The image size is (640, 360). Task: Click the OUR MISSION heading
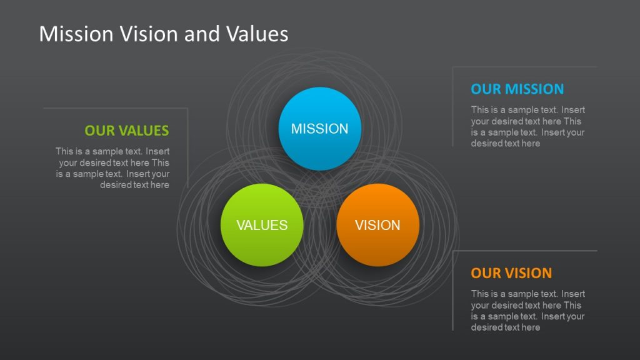tap(517, 89)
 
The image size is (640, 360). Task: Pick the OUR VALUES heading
tap(127, 131)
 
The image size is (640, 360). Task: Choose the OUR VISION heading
tap(511, 273)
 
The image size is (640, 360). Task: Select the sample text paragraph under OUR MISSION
tap(528, 127)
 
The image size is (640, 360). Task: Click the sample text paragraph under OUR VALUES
tap(112, 168)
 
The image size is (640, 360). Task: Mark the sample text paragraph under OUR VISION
tap(528, 311)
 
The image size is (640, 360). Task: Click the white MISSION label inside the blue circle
tap(319, 129)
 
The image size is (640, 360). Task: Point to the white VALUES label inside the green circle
tap(262, 226)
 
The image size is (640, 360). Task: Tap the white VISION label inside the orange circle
tap(377, 226)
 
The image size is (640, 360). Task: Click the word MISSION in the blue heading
tap(534, 89)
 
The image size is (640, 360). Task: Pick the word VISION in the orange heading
tap(528, 273)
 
